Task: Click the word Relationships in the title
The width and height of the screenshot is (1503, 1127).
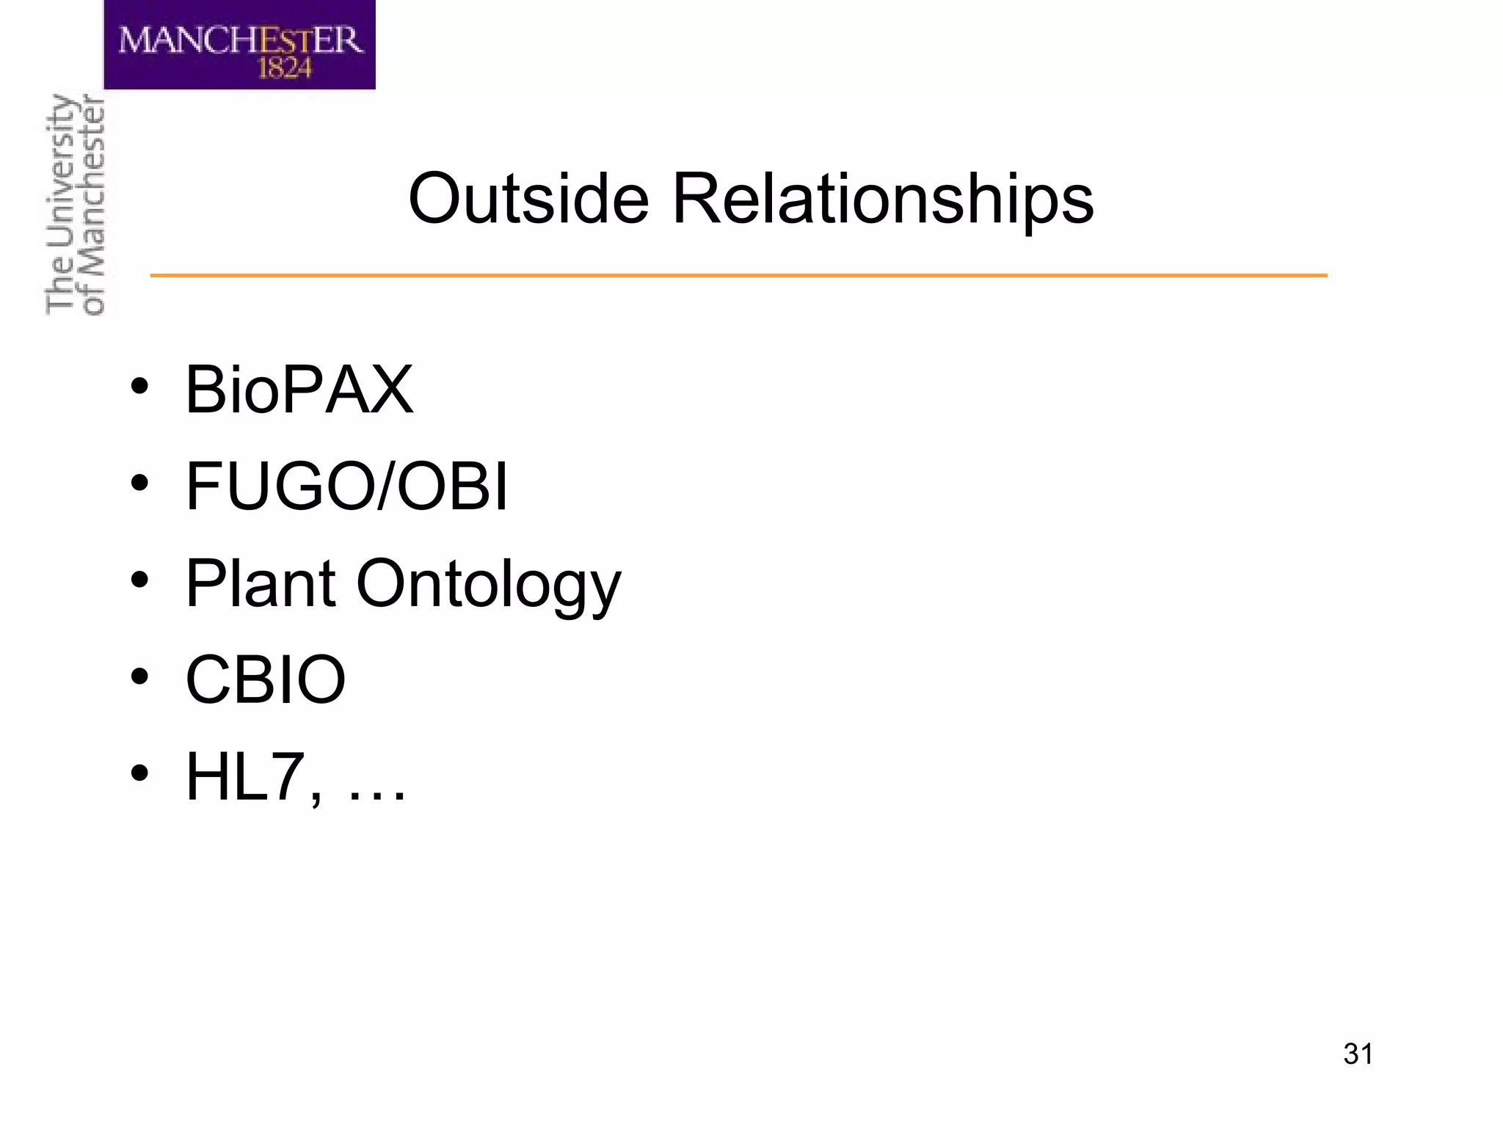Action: pyautogui.click(x=882, y=200)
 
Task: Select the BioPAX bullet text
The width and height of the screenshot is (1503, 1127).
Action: pyautogui.click(x=299, y=390)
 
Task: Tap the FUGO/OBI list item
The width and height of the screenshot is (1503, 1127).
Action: pyautogui.click(x=346, y=486)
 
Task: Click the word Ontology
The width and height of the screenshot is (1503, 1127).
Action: pyautogui.click(x=488, y=586)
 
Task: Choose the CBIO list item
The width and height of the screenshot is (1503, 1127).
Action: pyautogui.click(x=266, y=679)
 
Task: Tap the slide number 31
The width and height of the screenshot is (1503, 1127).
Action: pyautogui.click(x=1358, y=1054)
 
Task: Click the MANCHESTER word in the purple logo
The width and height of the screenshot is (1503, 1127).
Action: pyautogui.click(x=240, y=40)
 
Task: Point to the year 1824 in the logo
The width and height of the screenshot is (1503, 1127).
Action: pyautogui.click(x=284, y=68)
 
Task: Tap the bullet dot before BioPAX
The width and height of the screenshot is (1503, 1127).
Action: pyautogui.click(x=139, y=387)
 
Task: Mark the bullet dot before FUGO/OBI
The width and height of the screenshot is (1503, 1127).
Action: pyautogui.click(x=139, y=484)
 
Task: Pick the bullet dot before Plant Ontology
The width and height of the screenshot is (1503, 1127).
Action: pyautogui.click(x=139, y=580)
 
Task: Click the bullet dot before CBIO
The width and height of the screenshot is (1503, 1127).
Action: pyautogui.click(x=139, y=676)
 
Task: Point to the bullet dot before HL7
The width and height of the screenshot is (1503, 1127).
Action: pyautogui.click(x=139, y=773)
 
